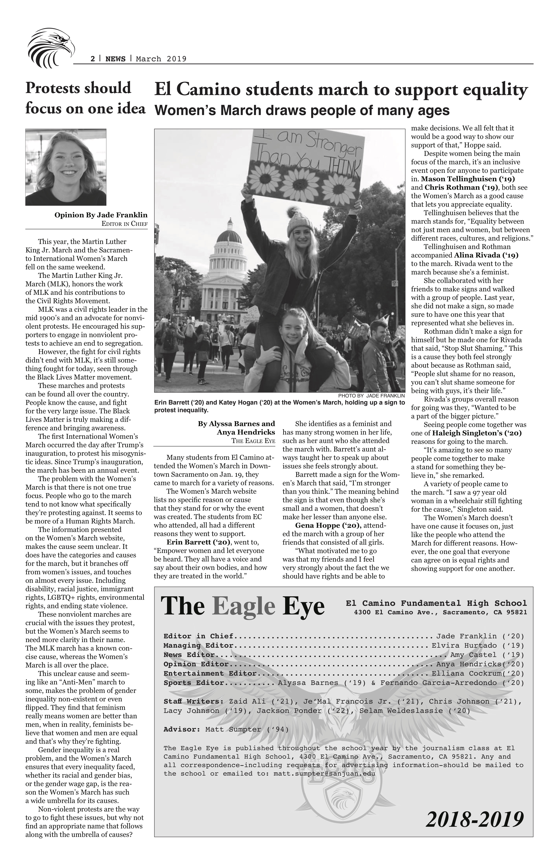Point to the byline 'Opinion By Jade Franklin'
101,215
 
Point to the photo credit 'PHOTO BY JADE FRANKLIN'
371,395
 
